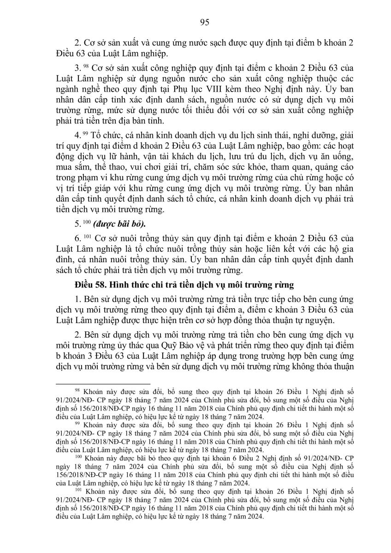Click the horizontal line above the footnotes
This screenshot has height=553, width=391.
102,383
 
